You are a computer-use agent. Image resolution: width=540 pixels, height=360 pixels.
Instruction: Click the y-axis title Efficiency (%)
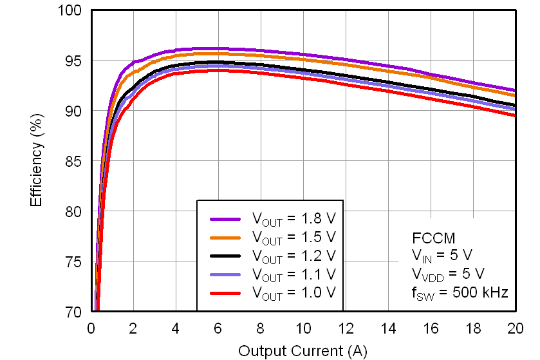pos(37,162)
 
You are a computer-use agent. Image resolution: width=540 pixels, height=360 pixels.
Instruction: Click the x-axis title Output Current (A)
pos(303,351)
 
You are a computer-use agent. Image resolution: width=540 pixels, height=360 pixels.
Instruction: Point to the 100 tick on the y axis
pos(72,11)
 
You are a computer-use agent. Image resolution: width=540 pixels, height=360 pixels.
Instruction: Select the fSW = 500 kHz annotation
pos(460,292)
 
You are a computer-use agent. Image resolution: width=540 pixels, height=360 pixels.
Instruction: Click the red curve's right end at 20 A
pos(515,115)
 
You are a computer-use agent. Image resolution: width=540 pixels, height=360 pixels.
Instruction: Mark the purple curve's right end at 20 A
pos(515,90)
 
